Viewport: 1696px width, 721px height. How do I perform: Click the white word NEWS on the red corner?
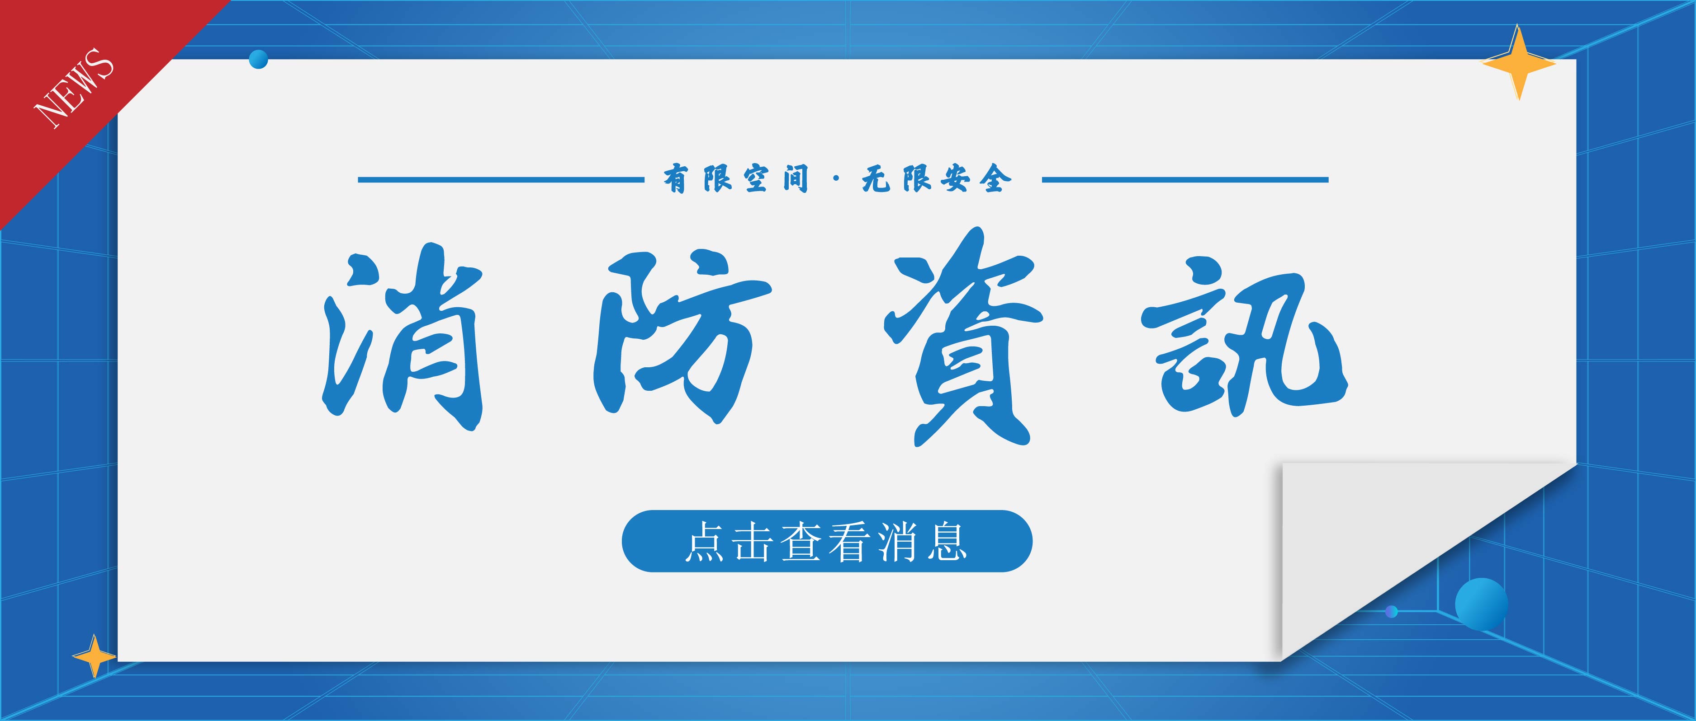[74, 88]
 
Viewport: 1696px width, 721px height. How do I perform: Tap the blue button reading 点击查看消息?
[827, 541]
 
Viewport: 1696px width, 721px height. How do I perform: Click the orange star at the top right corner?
[1519, 63]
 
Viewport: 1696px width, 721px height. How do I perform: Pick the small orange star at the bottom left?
[94, 656]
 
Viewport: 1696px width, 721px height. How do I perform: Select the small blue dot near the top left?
[259, 59]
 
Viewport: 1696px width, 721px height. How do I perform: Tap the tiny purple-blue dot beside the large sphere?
[1391, 612]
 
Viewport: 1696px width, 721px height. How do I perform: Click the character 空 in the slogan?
[757, 179]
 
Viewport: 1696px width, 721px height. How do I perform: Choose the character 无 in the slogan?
[876, 179]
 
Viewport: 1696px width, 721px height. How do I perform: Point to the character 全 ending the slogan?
[995, 179]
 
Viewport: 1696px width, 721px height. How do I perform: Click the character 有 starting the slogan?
[676, 179]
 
